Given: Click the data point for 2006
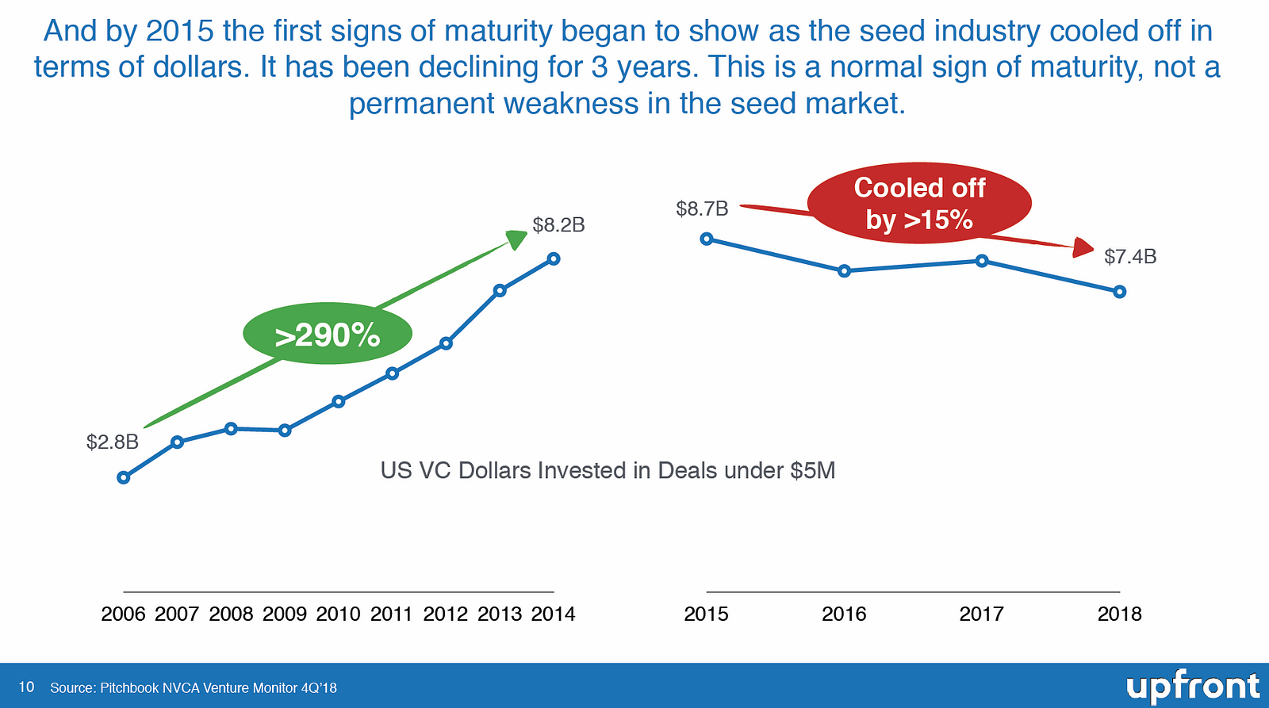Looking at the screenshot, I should pos(123,477).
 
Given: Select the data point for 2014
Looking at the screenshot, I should pos(554,258).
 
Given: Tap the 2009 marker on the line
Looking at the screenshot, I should pos(285,431).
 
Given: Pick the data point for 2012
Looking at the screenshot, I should pos(446,343).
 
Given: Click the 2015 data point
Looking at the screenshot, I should pos(707,239).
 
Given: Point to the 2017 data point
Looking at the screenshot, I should pos(982,261).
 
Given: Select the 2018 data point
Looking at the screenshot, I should pos(1119,292).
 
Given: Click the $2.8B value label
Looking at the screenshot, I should pos(113,442).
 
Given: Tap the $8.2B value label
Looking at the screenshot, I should pos(558,225).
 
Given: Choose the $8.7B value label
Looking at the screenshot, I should pos(702,209).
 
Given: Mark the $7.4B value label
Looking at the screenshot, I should pos(1130,256).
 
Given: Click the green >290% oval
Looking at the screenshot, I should pos(328,335).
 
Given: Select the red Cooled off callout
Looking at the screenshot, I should pos(919,203).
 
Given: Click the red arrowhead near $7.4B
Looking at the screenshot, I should pos(1084,247).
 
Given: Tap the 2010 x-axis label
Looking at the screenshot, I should pos(338,614).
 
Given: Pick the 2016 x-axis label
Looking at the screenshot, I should pos(844,614).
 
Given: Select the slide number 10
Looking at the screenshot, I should pos(26,687).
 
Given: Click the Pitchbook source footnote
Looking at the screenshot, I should pos(194,687).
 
